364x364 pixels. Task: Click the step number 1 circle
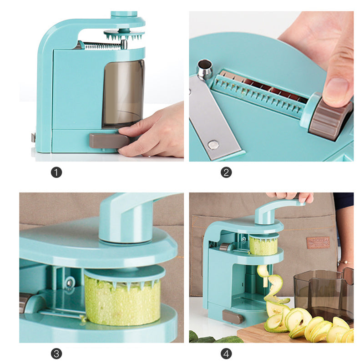click(56, 172)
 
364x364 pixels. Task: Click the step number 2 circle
click(226, 172)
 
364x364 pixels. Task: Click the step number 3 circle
click(56, 354)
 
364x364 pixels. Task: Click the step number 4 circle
click(226, 354)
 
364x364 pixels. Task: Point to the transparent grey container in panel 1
click(123, 93)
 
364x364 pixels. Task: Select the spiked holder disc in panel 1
click(124, 34)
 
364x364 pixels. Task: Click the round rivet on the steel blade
click(213, 145)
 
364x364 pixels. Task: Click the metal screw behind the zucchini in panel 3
click(70, 283)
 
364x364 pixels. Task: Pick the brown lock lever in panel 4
click(233, 317)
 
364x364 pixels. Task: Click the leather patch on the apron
click(318, 243)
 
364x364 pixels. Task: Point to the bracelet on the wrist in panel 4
click(346, 262)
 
